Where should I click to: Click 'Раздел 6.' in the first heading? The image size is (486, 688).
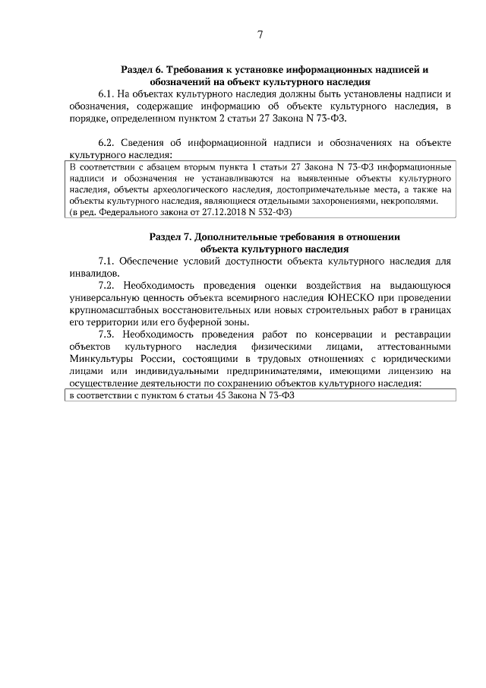143,68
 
